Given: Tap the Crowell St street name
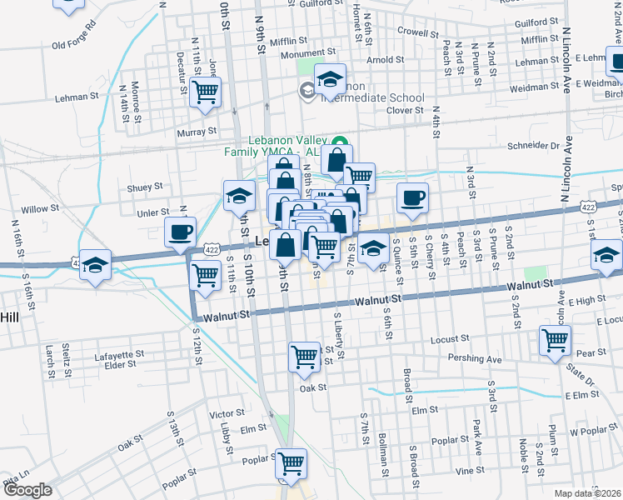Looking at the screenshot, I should click(417, 34).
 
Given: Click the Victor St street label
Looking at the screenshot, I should click(227, 412).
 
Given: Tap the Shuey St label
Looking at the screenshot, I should click(144, 187).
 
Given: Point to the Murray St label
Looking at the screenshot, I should click(197, 132).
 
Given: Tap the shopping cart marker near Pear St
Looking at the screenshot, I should click(555, 340).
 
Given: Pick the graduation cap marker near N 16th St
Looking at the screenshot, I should click(96, 266).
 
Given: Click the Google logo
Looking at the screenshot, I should click(27, 491).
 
